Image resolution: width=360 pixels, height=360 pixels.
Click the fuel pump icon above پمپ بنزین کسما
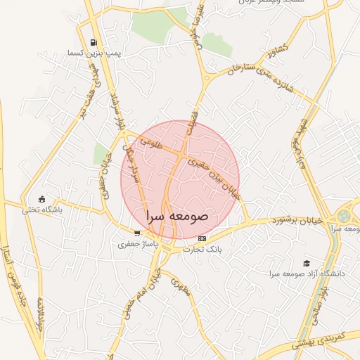(94, 44)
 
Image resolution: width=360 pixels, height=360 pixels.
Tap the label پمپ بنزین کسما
(86, 53)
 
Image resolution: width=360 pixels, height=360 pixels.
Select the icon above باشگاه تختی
(42, 199)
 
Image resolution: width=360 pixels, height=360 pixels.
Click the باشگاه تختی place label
(42, 210)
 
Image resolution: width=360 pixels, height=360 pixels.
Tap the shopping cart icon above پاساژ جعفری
(137, 233)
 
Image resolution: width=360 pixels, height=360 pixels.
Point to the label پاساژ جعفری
(132, 244)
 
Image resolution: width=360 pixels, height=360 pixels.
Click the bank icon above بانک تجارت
(202, 239)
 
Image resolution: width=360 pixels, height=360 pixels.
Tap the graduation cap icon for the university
(306, 262)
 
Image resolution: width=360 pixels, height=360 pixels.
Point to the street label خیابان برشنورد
(298, 221)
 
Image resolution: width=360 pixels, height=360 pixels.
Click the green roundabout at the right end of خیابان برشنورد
(344, 217)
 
